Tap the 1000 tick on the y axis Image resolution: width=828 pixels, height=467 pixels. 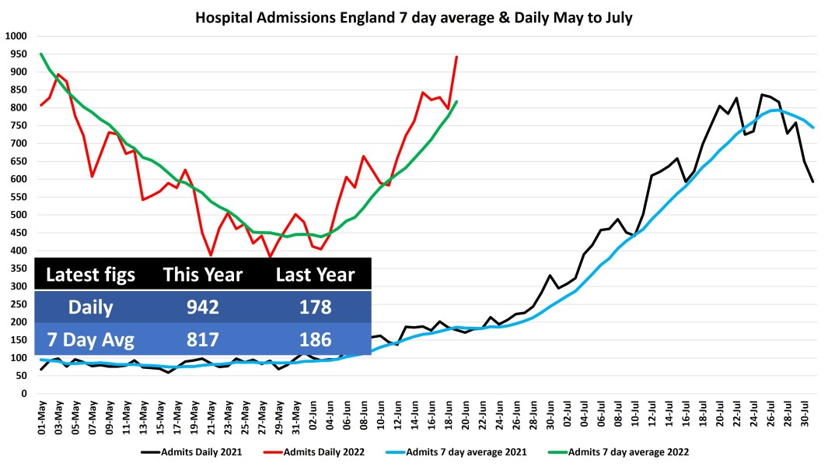coord(16,36)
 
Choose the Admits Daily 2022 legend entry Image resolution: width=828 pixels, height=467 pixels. coord(326,451)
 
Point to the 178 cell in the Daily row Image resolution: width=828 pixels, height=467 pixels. coord(315,307)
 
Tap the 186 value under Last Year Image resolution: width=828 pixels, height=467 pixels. coord(315,339)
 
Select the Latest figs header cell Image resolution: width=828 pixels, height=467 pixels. coord(90,275)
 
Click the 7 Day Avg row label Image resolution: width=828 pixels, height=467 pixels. coord(90,339)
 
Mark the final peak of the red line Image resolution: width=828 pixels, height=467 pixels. coord(456,57)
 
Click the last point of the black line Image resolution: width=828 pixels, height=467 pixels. coord(813,181)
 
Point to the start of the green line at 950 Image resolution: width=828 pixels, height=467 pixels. coord(41,54)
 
